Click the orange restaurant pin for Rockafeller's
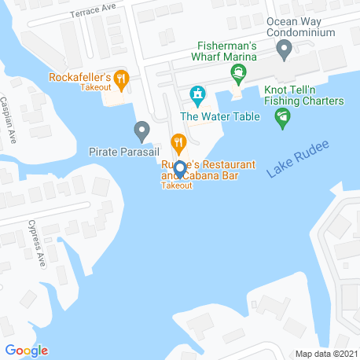(x=121, y=77)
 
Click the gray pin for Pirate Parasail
(x=141, y=129)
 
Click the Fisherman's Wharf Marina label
(x=226, y=57)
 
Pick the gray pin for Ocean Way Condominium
(x=285, y=50)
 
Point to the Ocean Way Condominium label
(x=301, y=28)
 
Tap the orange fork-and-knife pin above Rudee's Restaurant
(x=179, y=143)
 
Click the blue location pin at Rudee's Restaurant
(x=179, y=168)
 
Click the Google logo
(x=27, y=351)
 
